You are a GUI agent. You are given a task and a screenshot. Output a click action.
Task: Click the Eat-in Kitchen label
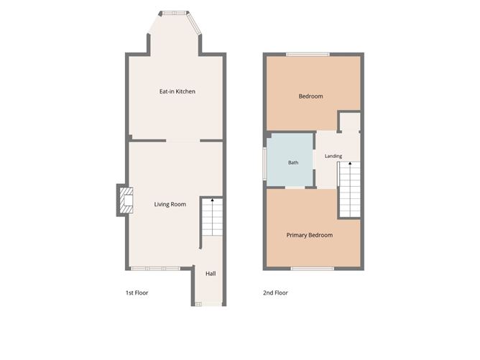[177, 91]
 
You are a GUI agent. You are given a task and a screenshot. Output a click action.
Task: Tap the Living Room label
[170, 204]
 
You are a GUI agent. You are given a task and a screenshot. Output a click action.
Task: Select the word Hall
[211, 274]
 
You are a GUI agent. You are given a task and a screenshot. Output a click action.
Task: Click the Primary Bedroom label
[310, 235]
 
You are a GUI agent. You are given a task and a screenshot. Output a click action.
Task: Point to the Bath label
[293, 162]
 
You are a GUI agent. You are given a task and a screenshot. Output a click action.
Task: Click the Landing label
[333, 156]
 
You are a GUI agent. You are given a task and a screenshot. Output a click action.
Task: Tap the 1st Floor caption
[137, 292]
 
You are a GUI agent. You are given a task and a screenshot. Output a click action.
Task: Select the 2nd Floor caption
[275, 292]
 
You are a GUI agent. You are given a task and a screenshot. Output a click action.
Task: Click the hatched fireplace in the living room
[126, 200]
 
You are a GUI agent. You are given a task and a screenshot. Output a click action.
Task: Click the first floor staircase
[213, 217]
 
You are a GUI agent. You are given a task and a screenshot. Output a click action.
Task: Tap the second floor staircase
[350, 190]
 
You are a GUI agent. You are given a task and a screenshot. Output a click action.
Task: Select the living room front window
[155, 269]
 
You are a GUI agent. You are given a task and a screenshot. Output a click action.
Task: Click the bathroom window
[264, 164]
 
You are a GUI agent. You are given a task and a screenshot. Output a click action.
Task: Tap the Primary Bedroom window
[313, 269]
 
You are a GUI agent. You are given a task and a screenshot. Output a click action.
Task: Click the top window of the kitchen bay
[174, 13]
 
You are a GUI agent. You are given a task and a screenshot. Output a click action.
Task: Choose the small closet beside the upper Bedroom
[350, 122]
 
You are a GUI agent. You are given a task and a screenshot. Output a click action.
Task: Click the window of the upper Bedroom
[308, 55]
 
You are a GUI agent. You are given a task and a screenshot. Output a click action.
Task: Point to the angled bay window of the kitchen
[194, 23]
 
